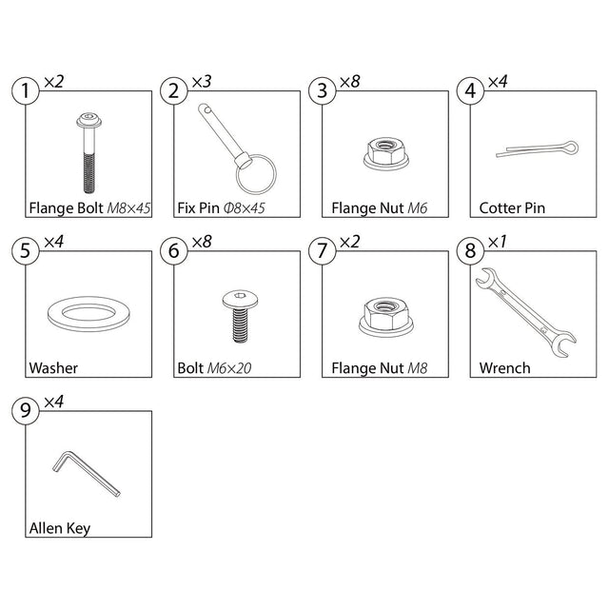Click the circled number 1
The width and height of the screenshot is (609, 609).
click(26, 91)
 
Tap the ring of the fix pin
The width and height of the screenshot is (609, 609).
click(237, 175)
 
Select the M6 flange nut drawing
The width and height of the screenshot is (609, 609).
click(386, 153)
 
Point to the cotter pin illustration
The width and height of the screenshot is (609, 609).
click(537, 148)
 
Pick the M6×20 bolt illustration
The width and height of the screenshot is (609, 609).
click(240, 316)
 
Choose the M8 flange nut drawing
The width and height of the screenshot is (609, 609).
click(386, 317)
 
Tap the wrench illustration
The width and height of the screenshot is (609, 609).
click(525, 312)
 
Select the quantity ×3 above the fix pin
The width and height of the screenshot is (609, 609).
click(202, 82)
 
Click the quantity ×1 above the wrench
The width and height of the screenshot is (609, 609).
click(497, 242)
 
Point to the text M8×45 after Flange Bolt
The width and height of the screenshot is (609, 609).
click(129, 208)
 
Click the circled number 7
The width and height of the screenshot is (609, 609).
click(322, 250)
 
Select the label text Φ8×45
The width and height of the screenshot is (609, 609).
click(244, 208)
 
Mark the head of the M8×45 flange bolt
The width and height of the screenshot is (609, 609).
click(88, 121)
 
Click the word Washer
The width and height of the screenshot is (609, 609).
click(53, 368)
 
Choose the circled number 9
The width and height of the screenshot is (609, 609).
click(26, 410)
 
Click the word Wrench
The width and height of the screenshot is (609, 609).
click(505, 368)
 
